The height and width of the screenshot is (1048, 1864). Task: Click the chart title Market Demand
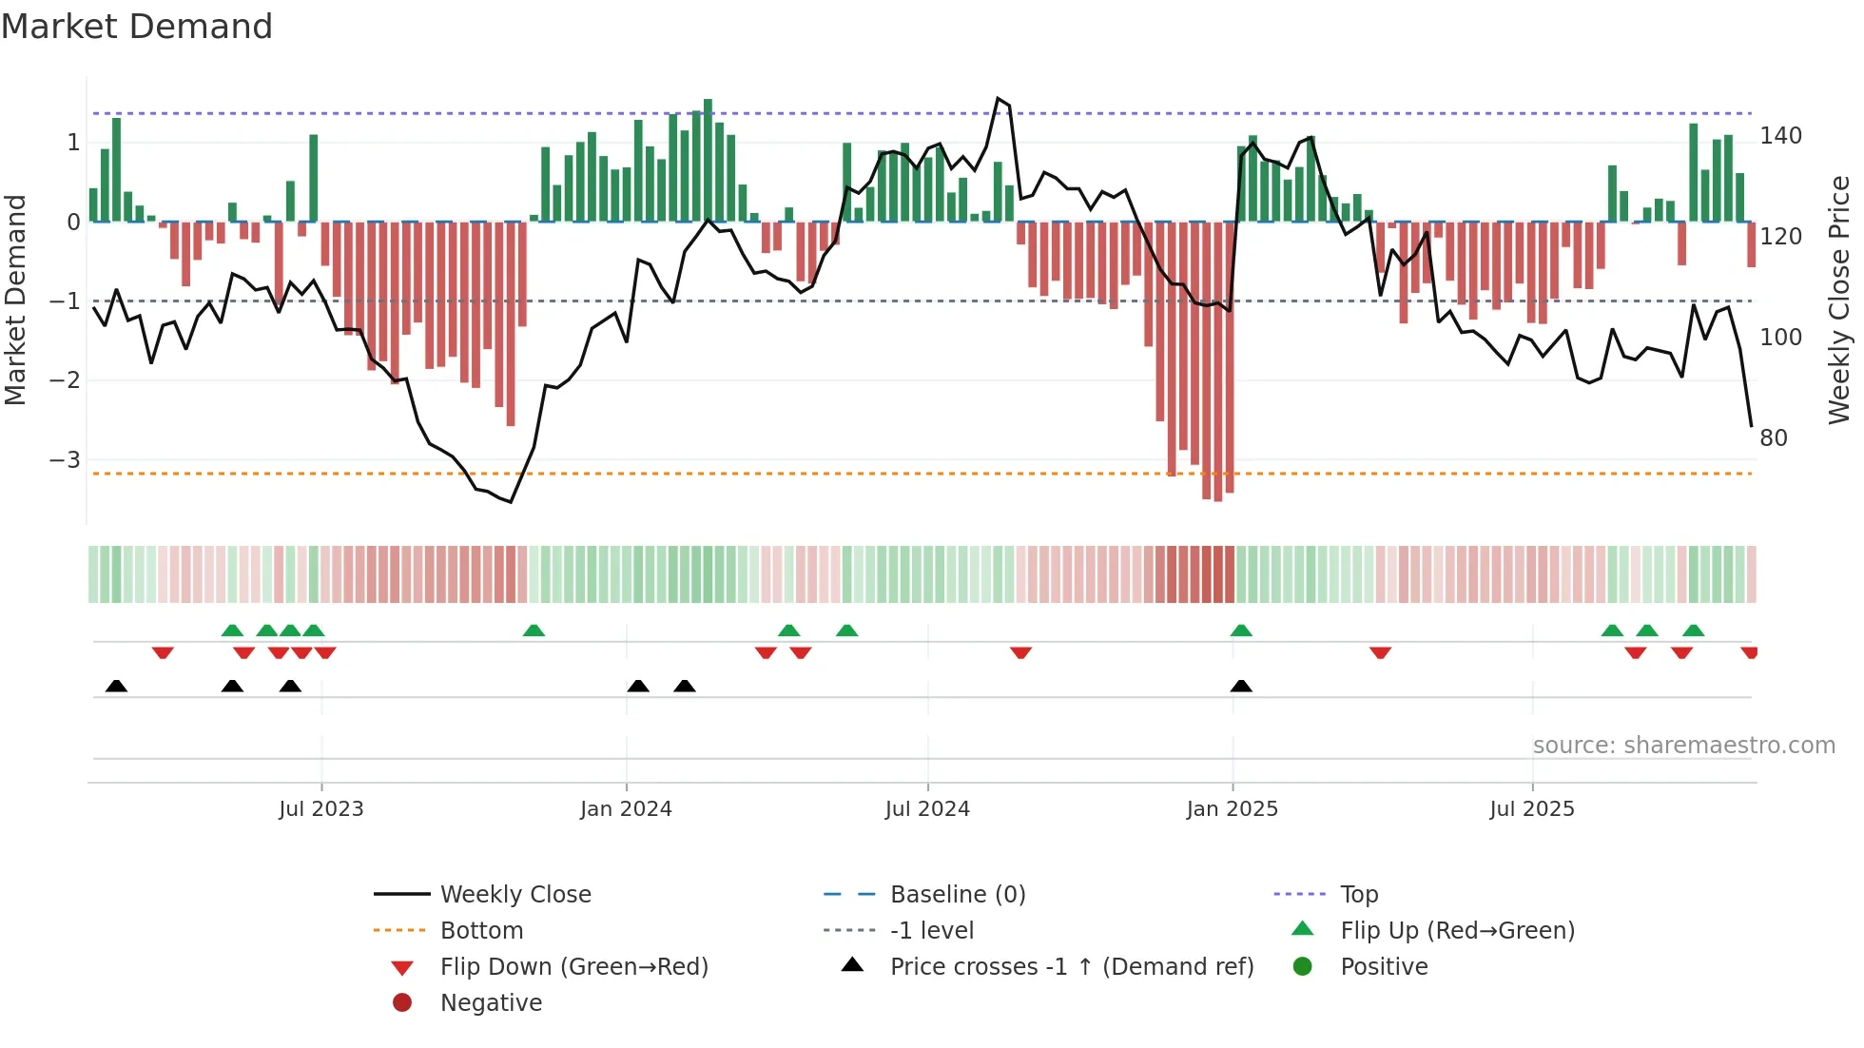coord(137,27)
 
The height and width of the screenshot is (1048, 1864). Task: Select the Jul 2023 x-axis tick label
coord(321,808)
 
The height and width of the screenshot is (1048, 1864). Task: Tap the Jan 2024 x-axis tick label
coord(626,808)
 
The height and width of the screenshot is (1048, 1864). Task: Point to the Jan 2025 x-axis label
coord(1233,808)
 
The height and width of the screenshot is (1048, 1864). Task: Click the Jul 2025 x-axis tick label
coord(1532,808)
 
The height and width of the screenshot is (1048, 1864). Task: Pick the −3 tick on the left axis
coord(65,460)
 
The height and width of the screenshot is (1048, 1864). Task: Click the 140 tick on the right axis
coord(1780,136)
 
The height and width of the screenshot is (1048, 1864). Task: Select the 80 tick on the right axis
coord(1774,438)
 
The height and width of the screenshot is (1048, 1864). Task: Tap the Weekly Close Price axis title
coord(1839,300)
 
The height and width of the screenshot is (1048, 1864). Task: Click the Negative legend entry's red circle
coord(402,1002)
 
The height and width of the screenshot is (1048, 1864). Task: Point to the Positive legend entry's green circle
coord(1303,966)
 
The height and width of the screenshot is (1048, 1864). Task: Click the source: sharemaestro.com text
coord(1683,746)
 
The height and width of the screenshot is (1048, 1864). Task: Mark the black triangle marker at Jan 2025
coord(1241,686)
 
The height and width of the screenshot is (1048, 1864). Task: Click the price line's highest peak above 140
coord(998,98)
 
